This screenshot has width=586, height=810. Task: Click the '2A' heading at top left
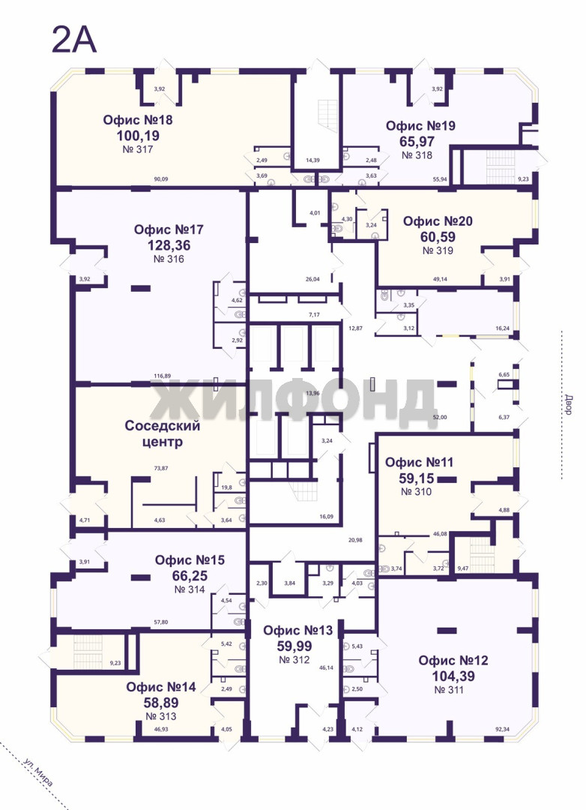point(74,40)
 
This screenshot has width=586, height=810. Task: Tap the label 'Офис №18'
point(138,120)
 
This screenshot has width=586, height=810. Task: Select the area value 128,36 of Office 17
point(169,244)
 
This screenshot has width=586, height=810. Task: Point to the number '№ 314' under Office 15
point(190,589)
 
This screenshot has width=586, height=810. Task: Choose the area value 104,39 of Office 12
point(453,676)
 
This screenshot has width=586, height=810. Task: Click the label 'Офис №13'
point(298,630)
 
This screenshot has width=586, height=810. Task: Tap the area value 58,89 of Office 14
point(161,702)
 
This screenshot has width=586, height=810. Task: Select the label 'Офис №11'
point(419,462)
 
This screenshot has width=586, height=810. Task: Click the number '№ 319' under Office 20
point(438,250)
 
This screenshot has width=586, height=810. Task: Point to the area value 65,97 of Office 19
point(417,141)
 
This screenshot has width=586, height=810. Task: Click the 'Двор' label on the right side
point(568,405)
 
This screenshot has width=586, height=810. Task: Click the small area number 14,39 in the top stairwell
point(312,160)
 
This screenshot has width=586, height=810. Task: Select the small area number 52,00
point(440,417)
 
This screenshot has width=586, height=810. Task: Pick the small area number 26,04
point(312,279)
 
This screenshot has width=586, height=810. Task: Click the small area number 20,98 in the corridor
point(355,540)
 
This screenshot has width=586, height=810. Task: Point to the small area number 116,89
point(163,376)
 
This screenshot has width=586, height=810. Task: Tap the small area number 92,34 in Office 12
point(503,730)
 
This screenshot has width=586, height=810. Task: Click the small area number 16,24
point(502,328)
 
